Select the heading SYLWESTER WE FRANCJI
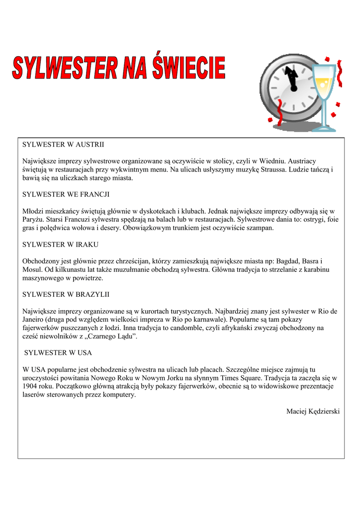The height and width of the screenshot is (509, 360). pos(66,194)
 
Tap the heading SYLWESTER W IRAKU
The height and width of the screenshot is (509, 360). pos(60,245)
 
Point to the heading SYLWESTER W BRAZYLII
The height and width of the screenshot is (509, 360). pos(66,295)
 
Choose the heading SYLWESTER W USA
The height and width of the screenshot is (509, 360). pos(58,353)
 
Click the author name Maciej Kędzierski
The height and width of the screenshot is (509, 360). pos(313,411)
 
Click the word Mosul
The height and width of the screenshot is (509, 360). pos(33,269)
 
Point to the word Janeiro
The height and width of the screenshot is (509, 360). pos(33,320)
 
